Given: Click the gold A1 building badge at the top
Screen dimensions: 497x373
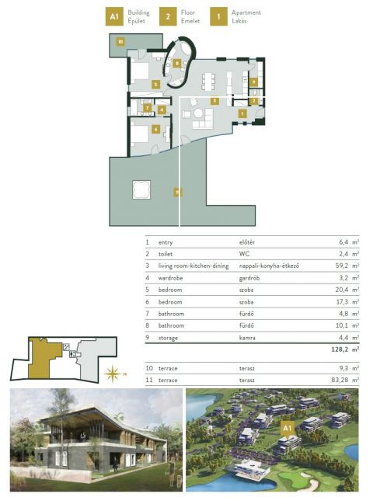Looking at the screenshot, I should [113, 16].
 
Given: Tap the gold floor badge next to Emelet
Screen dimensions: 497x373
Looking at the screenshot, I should [167, 16].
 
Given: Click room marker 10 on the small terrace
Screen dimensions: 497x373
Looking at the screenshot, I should [120, 41].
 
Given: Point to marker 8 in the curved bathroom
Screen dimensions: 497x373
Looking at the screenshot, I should [177, 63].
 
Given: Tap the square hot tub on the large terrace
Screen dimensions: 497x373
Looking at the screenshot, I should [141, 189].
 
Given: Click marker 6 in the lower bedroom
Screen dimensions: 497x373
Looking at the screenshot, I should [155, 130].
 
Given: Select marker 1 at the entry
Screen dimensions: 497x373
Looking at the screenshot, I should [242, 113].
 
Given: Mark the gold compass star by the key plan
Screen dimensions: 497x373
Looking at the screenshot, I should [114, 370].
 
